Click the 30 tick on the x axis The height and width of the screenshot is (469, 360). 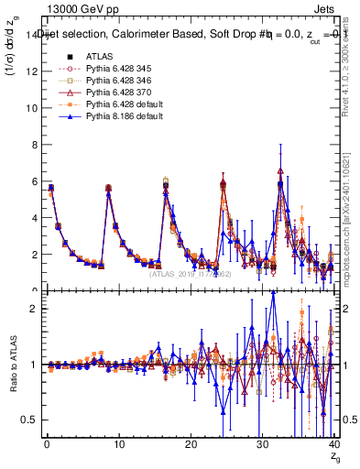[x=262, y=445]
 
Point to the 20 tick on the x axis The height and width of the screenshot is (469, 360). [x=191, y=445]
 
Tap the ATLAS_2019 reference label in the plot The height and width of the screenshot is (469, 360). [x=191, y=273]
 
